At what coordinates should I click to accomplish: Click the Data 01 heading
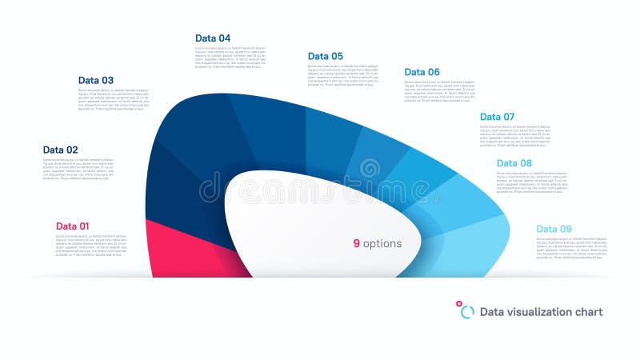[73, 226]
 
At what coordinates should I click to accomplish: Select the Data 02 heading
[61, 150]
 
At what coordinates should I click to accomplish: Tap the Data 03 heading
[96, 80]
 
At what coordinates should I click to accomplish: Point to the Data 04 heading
[213, 38]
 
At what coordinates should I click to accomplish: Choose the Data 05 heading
[326, 56]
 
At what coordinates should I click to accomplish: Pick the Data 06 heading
[422, 72]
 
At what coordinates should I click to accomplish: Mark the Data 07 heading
[498, 117]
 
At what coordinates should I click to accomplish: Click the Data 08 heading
[514, 163]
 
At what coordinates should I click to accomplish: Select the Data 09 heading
[554, 229]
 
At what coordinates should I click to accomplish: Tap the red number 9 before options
[357, 243]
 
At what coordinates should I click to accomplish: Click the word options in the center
[382, 243]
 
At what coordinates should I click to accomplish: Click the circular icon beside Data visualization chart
[466, 311]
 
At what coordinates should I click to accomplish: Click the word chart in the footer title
[589, 312]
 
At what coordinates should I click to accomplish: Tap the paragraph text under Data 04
[231, 58]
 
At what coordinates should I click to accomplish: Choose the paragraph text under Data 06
[440, 91]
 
